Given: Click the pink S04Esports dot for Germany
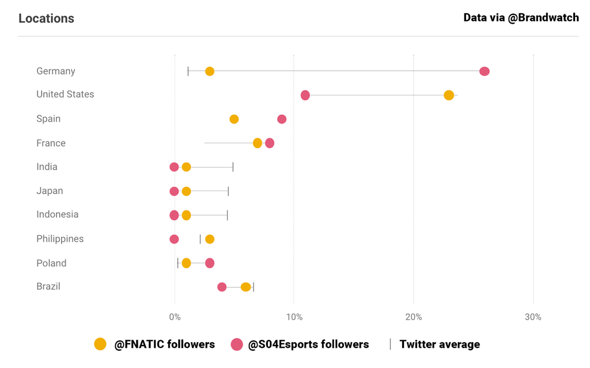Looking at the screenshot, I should coord(485,71).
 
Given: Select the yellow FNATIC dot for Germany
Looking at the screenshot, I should coord(210,71).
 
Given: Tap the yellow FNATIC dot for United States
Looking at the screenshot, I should coord(449,95).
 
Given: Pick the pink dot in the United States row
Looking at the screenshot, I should coord(305,95).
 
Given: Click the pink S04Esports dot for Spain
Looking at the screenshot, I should coord(282,119).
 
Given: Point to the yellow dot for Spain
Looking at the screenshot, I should coord(234,119).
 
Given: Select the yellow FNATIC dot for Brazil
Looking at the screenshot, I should coord(246,287).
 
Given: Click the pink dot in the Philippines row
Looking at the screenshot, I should coord(174,239).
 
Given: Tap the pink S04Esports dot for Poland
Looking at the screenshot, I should coord(210,263).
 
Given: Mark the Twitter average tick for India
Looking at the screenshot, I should coord(233,167).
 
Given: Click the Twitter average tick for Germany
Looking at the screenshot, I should coord(188,71).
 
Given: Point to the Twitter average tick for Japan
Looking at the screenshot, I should coord(228,191).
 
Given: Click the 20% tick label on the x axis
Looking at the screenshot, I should coord(414,317).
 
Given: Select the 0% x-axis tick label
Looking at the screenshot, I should coord(175,317).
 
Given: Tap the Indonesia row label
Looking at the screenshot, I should coord(57,215).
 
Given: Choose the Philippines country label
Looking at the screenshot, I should coord(60,239).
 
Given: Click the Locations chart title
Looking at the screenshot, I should coord(46,18).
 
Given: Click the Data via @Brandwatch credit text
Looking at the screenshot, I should coord(521,17).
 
